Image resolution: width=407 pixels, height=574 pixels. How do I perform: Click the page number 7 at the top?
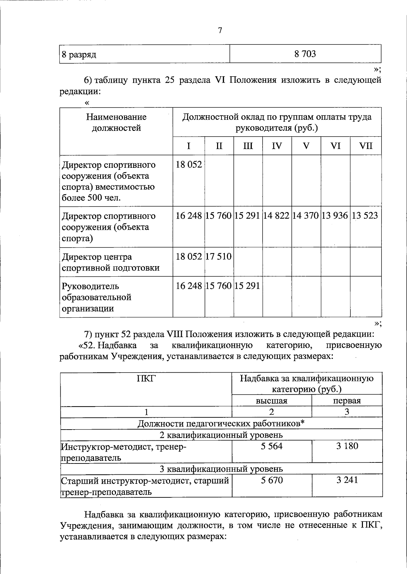[220, 31]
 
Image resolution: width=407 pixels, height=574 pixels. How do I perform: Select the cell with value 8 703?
[305, 54]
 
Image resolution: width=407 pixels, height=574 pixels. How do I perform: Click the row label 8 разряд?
[79, 55]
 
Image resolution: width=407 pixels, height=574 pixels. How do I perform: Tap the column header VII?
[366, 146]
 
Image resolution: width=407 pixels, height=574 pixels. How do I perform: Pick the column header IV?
[277, 146]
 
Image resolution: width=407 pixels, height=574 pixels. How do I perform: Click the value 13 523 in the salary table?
[365, 216]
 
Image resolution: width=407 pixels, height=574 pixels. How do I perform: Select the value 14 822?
[276, 216]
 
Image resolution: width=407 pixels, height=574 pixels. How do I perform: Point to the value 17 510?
[219, 256]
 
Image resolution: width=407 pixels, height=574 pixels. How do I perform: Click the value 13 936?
[335, 216]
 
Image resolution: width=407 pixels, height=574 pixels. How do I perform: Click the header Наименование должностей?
[116, 122]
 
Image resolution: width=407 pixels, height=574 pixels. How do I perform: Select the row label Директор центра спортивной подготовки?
[111, 262]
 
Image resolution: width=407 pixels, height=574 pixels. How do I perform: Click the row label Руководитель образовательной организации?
[96, 297]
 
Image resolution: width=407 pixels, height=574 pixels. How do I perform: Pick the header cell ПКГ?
[146, 378]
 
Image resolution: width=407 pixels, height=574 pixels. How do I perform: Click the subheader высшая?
[271, 401]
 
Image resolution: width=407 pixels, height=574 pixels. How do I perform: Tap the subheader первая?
[347, 401]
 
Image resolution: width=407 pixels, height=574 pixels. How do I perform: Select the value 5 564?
[271, 446]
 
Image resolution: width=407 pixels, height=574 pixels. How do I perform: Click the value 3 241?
[347, 480]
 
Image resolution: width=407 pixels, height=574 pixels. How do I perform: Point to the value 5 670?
[271, 480]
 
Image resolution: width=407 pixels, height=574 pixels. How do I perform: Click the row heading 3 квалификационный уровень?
[221, 469]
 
